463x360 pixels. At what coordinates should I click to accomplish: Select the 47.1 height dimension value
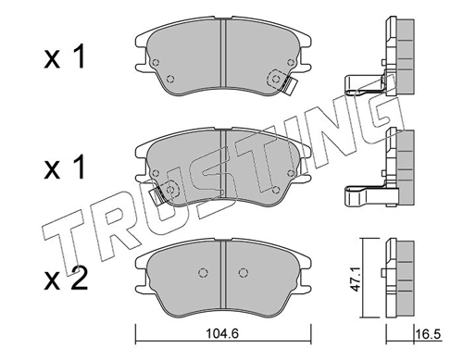[357, 285]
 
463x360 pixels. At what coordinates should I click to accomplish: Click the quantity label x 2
[66, 279]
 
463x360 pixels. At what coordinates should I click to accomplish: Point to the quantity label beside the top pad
[64, 57]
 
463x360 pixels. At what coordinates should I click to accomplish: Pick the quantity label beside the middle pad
[64, 168]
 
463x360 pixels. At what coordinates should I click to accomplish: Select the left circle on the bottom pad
[203, 272]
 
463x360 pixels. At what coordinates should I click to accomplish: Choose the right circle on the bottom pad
[244, 272]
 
